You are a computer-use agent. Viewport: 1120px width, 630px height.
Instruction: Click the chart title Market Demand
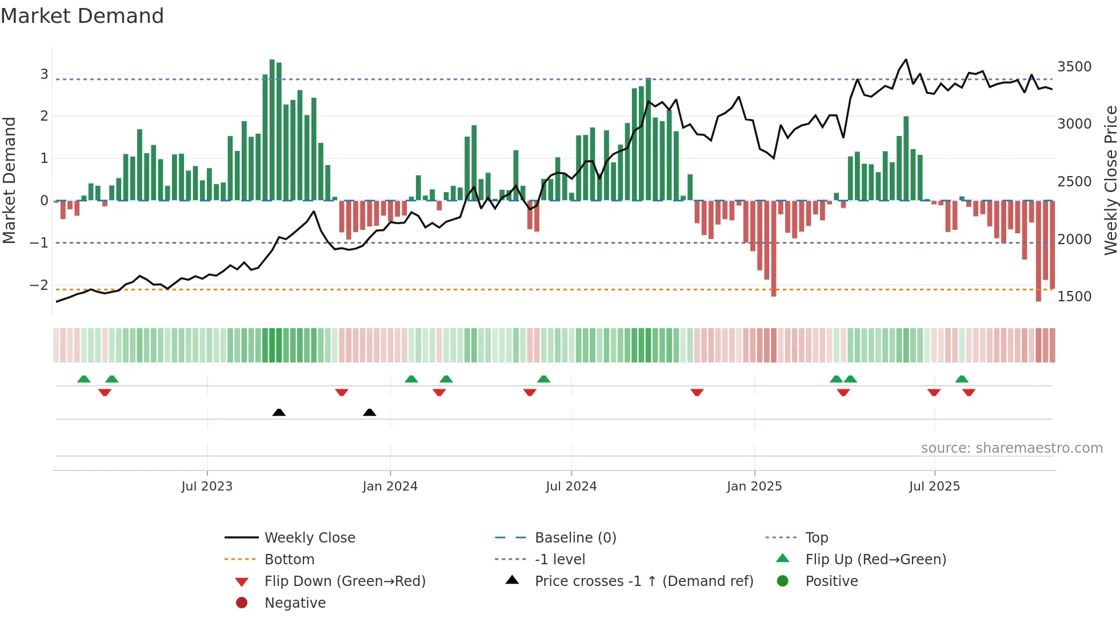[x=82, y=16]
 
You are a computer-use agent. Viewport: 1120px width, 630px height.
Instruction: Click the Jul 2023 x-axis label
[x=207, y=487]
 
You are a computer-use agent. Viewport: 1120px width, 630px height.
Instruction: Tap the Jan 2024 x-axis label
[x=390, y=487]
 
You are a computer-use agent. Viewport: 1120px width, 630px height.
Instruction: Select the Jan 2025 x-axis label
[x=754, y=487]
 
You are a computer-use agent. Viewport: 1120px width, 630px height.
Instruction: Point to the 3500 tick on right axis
[x=1074, y=67]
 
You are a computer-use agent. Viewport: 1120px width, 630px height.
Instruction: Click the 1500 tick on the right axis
[x=1074, y=297]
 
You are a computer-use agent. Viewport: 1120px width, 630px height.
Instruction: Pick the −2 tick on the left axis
[x=39, y=285]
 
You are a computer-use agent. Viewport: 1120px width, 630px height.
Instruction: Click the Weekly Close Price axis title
[x=1110, y=180]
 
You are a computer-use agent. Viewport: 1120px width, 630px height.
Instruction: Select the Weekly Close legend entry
[x=309, y=538]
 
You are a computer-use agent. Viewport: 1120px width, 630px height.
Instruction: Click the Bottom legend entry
[x=289, y=560]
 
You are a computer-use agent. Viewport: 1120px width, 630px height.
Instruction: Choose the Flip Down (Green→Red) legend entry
[x=345, y=581]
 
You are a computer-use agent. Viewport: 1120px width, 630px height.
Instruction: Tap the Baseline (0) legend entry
[x=575, y=538]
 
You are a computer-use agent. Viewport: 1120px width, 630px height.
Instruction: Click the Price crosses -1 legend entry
[x=643, y=581]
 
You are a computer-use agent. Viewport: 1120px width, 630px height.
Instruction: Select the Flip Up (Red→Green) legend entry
[x=875, y=560]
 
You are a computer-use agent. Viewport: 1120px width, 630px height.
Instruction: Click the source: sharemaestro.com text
[x=1011, y=448]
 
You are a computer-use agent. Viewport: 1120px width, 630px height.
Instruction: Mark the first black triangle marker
[x=279, y=412]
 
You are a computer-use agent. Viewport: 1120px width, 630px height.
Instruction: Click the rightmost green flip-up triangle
[x=962, y=379]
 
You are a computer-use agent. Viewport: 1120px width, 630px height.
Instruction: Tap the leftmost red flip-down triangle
[x=105, y=392]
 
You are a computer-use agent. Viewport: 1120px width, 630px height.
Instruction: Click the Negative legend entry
[x=294, y=603]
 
